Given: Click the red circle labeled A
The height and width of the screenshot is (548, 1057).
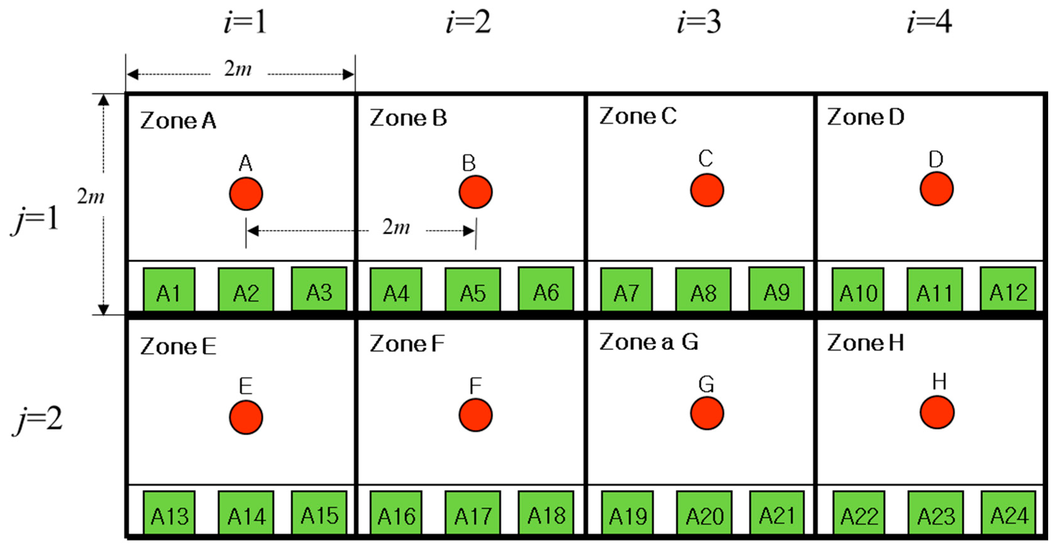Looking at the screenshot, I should coord(246,194).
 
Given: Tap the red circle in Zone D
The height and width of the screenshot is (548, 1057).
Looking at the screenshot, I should coord(936,189).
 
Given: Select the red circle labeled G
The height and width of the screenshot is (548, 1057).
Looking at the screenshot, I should coord(707,413).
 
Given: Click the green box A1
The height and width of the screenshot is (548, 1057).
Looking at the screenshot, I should coord(169,290).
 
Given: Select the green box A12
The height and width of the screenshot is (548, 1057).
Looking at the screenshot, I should coord(1007,289).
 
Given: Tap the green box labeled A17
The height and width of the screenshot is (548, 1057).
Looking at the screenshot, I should coord(473,513).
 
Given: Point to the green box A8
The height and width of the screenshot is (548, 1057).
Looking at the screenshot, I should coord(703,290).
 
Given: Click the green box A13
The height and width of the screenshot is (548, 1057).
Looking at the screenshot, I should coord(169,513).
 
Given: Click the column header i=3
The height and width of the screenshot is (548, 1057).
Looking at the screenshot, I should coord(699,23).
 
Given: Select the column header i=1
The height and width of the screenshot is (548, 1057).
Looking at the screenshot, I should coord(245,23).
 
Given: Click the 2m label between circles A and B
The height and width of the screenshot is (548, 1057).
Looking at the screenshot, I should coord(396,227).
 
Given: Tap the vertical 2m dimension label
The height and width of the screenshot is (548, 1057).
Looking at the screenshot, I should coord(91,197).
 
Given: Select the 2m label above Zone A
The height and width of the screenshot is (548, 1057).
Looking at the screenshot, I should coord(238,69).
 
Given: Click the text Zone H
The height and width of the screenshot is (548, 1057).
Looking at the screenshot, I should coord(865,343).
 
